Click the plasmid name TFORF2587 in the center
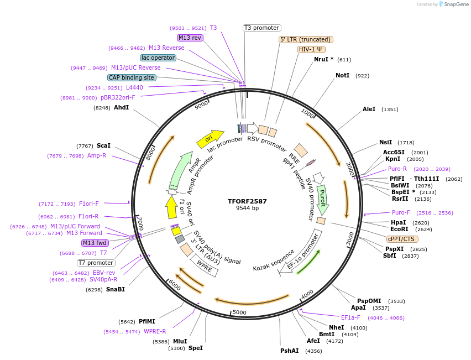pos(247,201)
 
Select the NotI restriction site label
pos(342,75)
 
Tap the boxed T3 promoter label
pos(261,28)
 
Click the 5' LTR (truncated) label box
pos(305,39)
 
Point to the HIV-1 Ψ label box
pos(311,49)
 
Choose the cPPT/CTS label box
pos(402,239)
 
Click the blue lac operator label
pos(158,58)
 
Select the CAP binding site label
pos(132,78)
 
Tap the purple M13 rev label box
pos(190,38)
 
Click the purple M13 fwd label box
pos(95,243)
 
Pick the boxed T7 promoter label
pos(96,263)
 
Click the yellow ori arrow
pos(210,138)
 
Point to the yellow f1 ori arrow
pos(171,207)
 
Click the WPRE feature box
pos(205,267)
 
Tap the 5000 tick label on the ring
pos(239,312)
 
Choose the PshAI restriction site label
pos(289,351)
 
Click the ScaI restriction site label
pos(103,145)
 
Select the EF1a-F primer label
pos(350,317)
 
